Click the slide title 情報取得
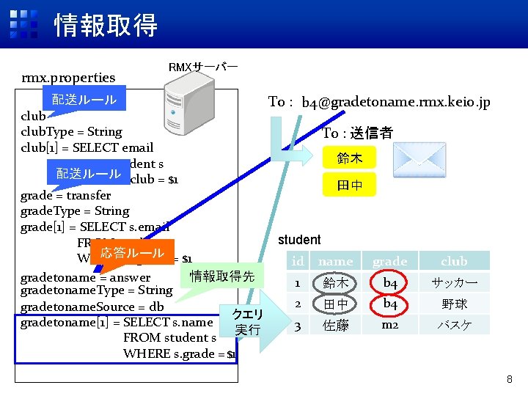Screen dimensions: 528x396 point(106,26)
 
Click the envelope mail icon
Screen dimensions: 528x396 point(419,161)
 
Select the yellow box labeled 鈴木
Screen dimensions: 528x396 point(345,158)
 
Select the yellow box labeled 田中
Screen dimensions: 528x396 point(345,186)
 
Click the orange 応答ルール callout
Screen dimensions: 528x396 point(132,254)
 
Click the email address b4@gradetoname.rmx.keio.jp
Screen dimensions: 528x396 point(395,103)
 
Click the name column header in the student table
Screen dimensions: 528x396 point(336,261)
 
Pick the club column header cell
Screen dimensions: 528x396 point(454,261)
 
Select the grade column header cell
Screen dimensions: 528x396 point(389,261)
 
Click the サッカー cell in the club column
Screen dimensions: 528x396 point(454,282)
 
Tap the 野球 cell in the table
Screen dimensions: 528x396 point(454,304)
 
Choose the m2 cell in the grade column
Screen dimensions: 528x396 point(389,324)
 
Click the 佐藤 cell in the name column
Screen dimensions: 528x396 point(336,325)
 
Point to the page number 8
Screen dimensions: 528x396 point(508,379)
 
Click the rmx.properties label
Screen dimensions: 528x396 point(68,78)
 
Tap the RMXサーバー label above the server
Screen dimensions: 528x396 point(202,67)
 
